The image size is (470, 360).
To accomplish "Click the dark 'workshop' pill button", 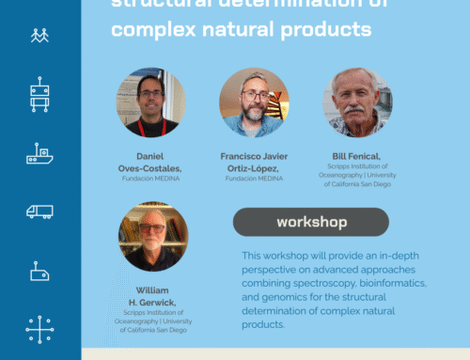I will pos(310,222).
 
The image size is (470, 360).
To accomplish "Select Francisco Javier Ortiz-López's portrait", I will pos(254,102).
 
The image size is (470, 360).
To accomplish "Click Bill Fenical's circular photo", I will pos(357,102).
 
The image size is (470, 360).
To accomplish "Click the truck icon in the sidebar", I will pos(39,211).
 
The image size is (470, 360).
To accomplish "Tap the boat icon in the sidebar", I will pos(39,152).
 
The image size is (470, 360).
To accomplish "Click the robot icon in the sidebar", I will pos(39,94).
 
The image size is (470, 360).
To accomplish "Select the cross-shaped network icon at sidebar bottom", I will pos(39,330).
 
